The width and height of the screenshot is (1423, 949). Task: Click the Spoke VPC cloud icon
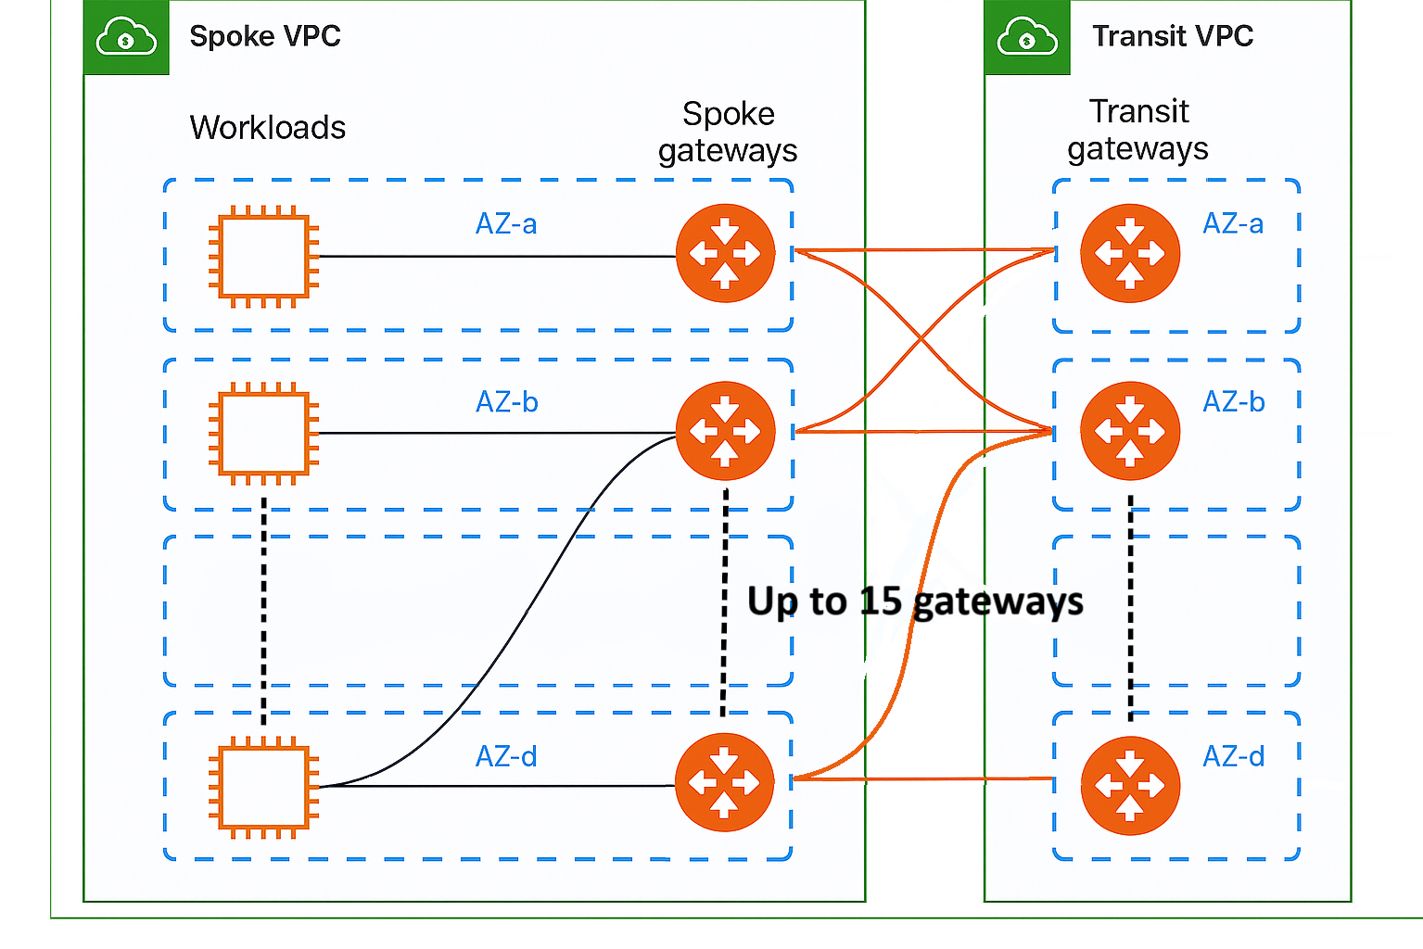click(x=126, y=38)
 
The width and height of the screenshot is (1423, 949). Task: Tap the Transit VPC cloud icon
click(x=1027, y=38)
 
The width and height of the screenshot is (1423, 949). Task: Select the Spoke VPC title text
click(x=265, y=36)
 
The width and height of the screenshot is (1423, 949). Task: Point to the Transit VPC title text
click(x=1173, y=36)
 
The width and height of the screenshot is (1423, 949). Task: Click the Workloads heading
click(x=268, y=128)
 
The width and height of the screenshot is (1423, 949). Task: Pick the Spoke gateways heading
click(x=728, y=132)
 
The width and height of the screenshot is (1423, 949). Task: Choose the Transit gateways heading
click(x=1138, y=130)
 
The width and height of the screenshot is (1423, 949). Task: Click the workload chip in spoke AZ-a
click(x=264, y=257)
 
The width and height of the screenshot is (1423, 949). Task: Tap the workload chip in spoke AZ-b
click(x=264, y=433)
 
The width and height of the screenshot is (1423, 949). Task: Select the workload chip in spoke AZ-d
click(x=264, y=787)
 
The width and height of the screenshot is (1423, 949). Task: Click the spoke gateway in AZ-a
click(x=725, y=253)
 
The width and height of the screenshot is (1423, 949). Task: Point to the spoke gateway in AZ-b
click(x=725, y=431)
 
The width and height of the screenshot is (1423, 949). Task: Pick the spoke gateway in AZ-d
click(x=725, y=782)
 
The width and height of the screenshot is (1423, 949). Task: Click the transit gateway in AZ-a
click(x=1130, y=253)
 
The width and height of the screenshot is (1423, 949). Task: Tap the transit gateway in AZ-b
click(x=1130, y=431)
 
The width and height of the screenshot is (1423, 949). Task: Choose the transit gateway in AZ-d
click(x=1130, y=786)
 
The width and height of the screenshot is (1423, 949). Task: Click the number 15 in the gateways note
click(x=881, y=601)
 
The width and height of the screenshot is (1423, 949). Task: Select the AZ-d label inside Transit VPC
click(x=1233, y=757)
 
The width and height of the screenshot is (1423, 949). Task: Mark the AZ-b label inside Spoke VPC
click(x=507, y=402)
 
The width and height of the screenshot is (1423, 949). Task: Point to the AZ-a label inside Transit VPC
click(x=1233, y=224)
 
